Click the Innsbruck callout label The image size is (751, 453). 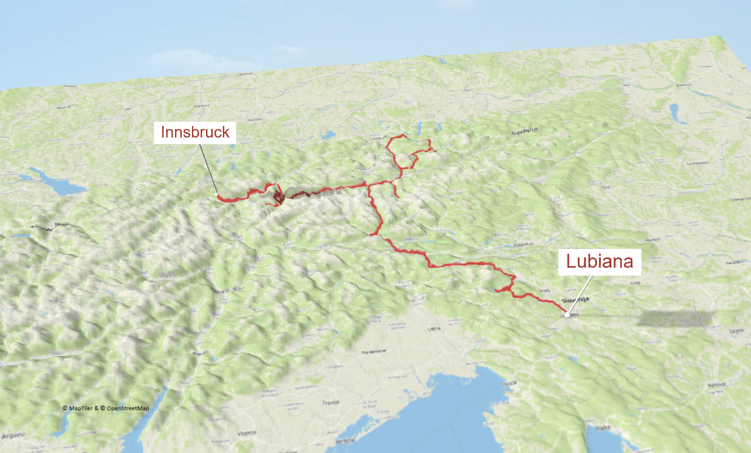click(x=194, y=132)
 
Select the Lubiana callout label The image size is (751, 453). click(x=599, y=262)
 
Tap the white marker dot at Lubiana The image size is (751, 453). click(x=567, y=314)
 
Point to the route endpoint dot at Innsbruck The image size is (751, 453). click(x=217, y=194)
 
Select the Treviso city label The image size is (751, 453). click(x=330, y=402)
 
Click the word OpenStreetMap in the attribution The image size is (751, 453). click(x=128, y=408)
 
